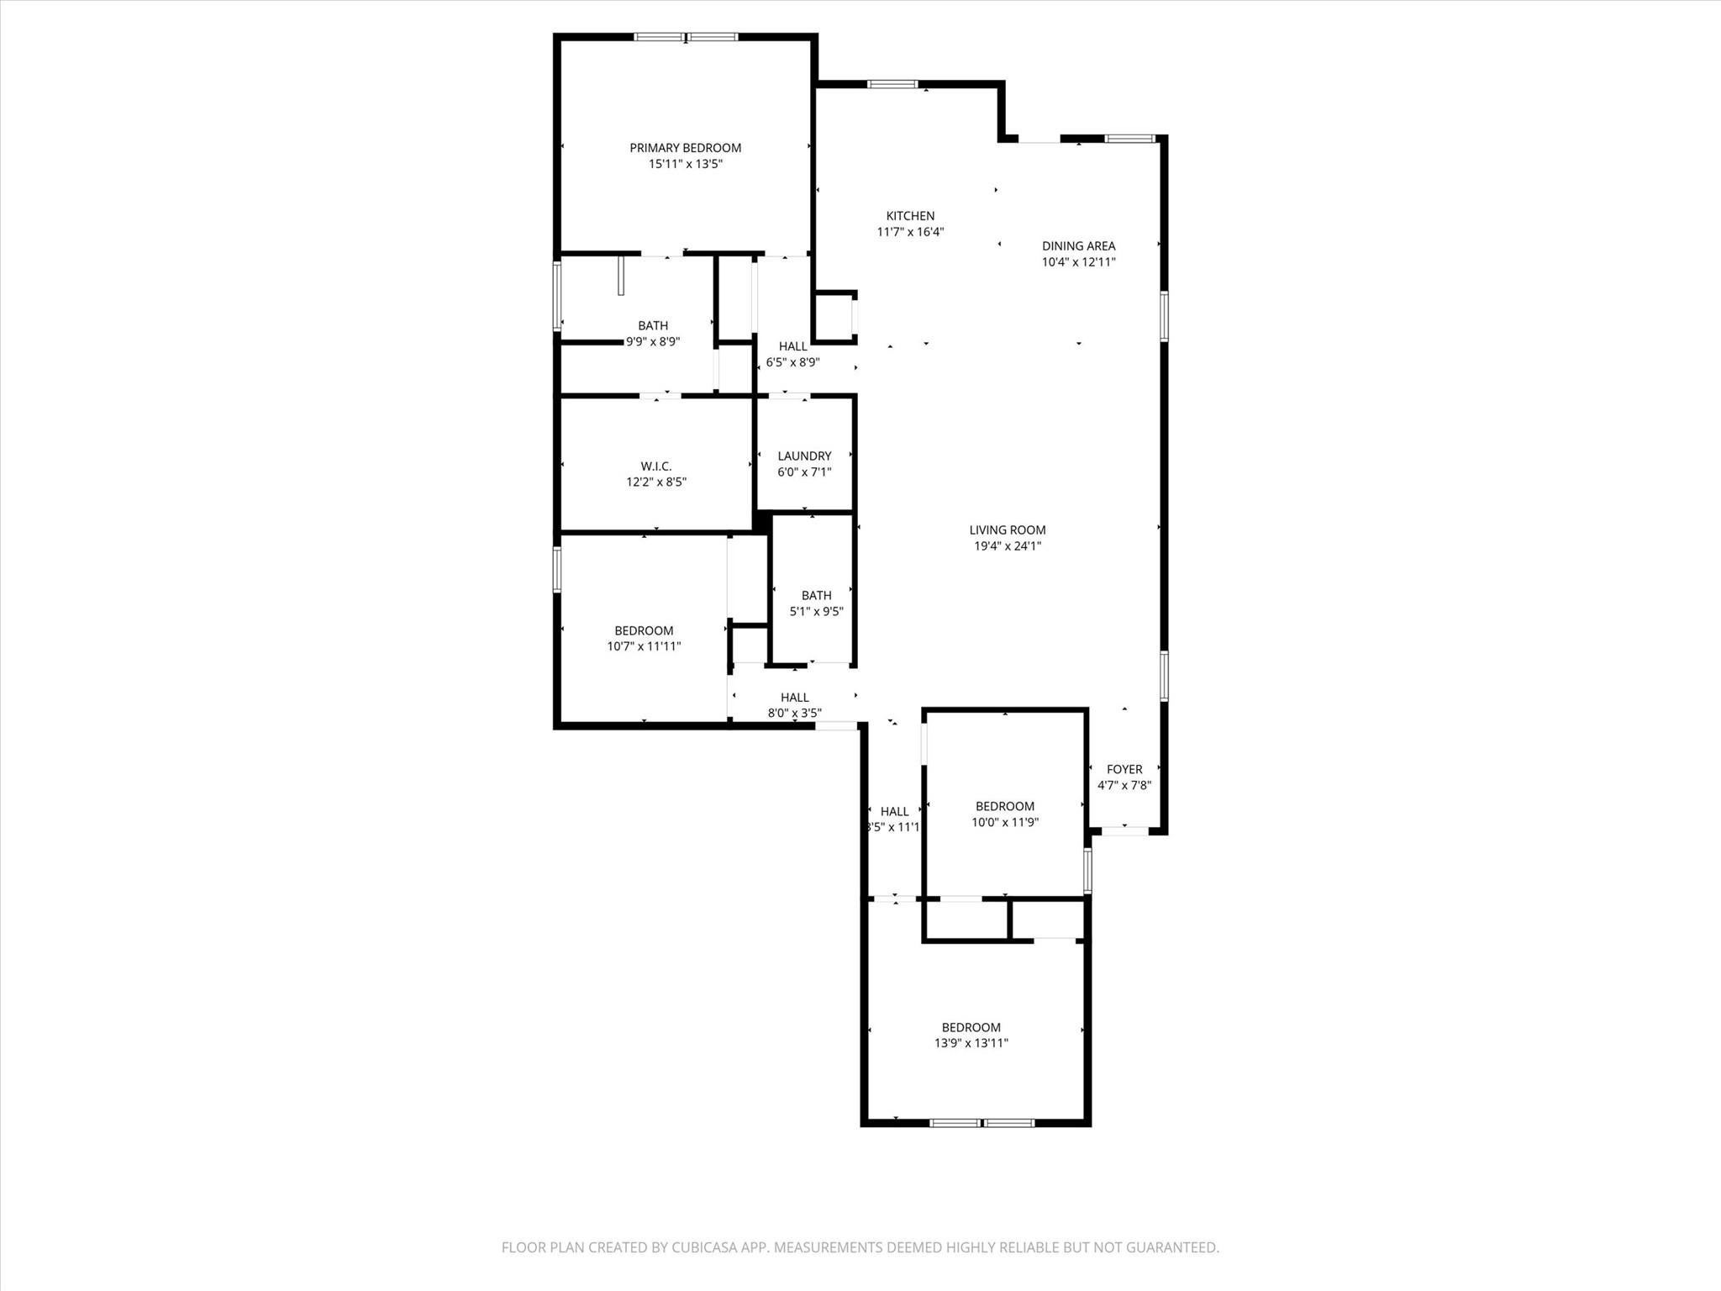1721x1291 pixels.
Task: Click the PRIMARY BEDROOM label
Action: (685, 148)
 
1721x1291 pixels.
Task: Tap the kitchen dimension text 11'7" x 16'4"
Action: (910, 232)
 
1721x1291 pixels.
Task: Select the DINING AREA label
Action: (1078, 246)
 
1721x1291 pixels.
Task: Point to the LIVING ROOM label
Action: (1007, 530)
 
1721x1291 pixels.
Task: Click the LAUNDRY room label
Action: (804, 456)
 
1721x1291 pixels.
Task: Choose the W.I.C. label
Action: (655, 466)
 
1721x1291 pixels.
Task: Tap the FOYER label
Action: (1124, 769)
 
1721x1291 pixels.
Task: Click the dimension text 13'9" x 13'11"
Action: (971, 1043)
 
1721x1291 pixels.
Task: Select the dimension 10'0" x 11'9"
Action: (1005, 822)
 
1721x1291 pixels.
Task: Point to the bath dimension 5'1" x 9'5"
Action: (816, 612)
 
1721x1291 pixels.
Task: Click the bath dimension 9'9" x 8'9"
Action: (653, 342)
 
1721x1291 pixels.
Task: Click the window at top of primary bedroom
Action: (686, 37)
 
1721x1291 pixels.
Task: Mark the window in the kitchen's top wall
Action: (892, 84)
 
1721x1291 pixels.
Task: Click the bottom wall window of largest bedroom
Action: (982, 1122)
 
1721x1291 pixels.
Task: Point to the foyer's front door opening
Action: (1124, 830)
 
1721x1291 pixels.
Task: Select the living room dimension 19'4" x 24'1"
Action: (1007, 546)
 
